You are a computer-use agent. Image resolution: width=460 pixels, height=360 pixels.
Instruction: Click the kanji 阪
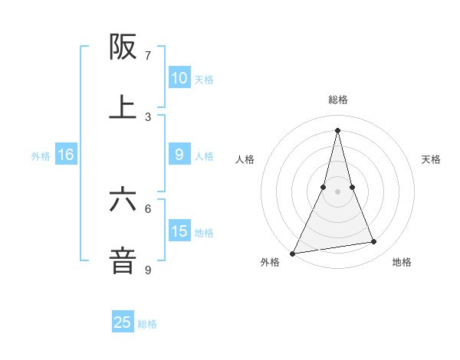123,47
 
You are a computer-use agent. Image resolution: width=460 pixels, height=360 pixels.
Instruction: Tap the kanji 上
123,107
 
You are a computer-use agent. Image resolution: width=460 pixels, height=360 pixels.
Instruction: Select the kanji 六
123,200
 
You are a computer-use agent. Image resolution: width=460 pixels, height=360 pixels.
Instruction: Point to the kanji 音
123,260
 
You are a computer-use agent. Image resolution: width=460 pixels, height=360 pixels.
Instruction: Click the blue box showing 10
179,77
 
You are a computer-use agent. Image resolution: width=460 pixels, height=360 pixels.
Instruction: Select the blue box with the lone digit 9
179,155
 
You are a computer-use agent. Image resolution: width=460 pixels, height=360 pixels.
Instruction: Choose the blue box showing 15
179,231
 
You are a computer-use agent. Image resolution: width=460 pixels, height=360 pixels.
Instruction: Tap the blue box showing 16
66,155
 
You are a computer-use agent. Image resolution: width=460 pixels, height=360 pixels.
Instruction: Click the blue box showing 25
123,322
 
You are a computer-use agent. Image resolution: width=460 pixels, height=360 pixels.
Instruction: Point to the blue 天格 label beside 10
204,79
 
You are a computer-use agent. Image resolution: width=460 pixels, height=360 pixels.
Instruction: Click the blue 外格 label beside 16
41,156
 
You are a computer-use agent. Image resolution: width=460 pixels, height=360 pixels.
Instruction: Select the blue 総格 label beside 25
147,324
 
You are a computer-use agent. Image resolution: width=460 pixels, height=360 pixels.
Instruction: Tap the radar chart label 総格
338,100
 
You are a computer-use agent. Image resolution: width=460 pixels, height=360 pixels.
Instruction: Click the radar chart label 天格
432,159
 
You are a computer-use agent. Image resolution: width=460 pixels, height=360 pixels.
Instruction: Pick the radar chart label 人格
245,159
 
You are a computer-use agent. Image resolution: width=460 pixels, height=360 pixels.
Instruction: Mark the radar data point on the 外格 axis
292,253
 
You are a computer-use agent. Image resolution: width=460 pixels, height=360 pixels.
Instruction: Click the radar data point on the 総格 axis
338,130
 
